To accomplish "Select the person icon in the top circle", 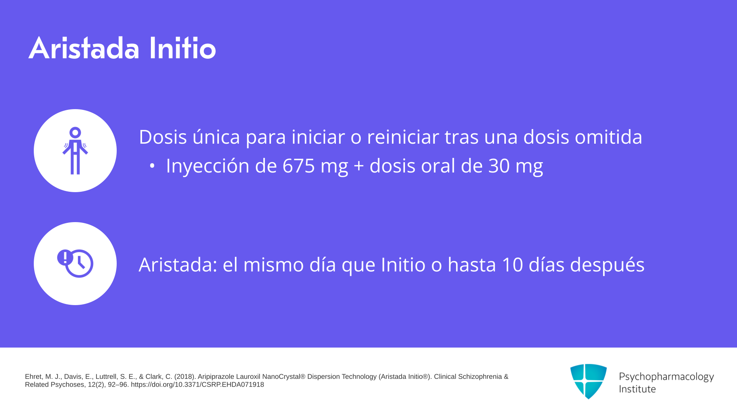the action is click(x=75, y=151).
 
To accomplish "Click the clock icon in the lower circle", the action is click(x=79, y=264).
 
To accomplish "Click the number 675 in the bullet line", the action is click(x=299, y=166).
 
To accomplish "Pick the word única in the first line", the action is click(x=216, y=136).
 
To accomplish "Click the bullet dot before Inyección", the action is click(x=152, y=166).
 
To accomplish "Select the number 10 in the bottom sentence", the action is click(x=512, y=264).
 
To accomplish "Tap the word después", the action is click(x=607, y=265).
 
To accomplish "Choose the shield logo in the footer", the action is click(x=588, y=381).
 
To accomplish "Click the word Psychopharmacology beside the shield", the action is click(x=666, y=377).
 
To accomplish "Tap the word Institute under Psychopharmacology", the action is click(x=637, y=389).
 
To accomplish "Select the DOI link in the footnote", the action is click(x=197, y=385).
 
